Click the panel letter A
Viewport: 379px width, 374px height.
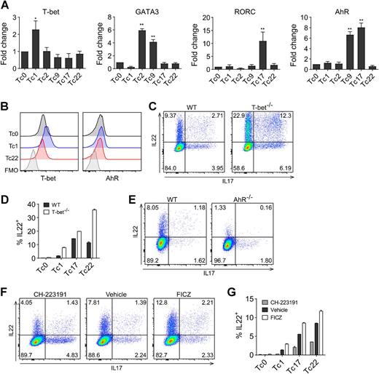(7, 7)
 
